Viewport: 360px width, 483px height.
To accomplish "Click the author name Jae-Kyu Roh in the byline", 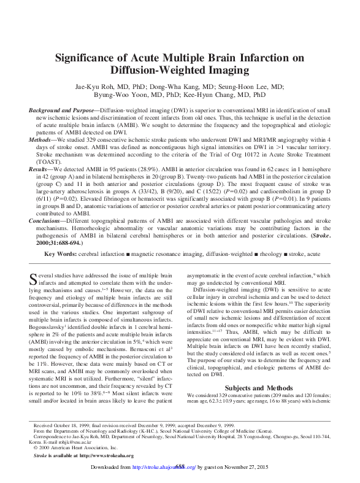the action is pos(93,87).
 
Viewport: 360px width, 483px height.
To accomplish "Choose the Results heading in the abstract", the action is pos(39,168).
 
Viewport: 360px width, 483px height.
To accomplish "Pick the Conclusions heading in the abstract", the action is pos(47,219).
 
